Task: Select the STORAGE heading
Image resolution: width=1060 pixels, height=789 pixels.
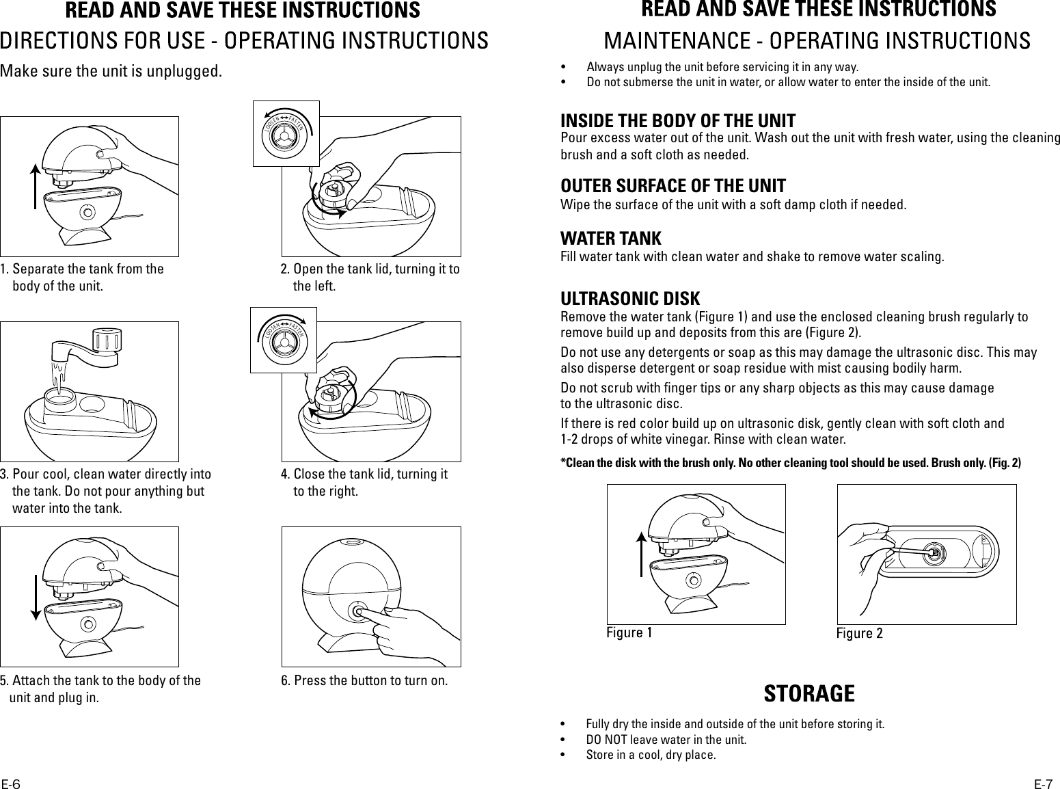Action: click(808, 693)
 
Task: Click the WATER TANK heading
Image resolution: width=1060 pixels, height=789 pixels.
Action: click(610, 239)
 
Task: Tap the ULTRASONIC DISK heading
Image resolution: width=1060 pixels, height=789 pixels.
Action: click(630, 299)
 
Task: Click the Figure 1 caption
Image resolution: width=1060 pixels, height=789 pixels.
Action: click(629, 632)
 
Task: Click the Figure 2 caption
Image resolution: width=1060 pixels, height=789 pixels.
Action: click(859, 633)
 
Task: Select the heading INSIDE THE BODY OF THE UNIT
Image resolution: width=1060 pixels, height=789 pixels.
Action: click(678, 122)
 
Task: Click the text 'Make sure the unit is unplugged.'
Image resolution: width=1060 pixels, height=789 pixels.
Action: click(111, 71)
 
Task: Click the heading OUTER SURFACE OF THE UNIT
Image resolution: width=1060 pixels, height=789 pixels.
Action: click(672, 186)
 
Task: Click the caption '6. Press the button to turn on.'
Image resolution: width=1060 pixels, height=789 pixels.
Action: click(364, 681)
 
